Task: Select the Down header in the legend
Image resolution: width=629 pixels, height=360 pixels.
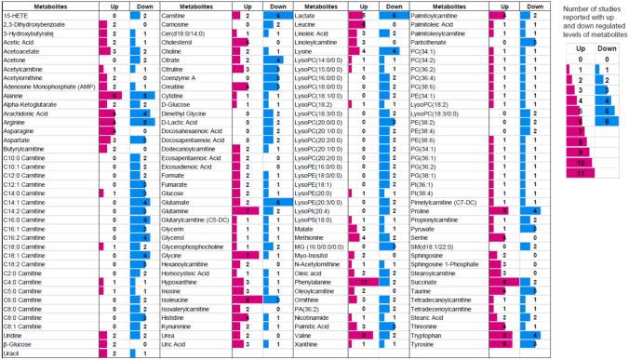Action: coord(597,45)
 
